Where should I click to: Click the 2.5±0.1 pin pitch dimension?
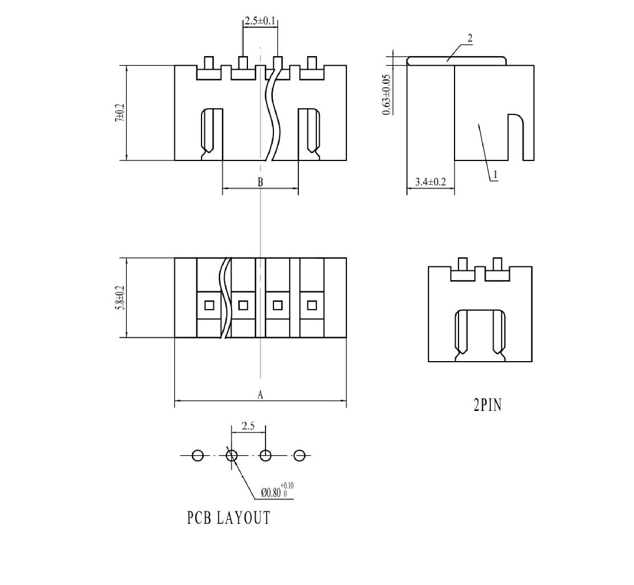click(x=260, y=21)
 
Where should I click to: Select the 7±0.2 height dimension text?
click(x=120, y=113)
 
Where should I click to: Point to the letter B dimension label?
click(x=260, y=182)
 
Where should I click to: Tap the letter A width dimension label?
click(x=260, y=395)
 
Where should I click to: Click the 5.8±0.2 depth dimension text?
click(x=120, y=298)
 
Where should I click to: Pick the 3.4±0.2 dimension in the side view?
click(x=431, y=182)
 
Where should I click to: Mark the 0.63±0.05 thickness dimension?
click(x=387, y=94)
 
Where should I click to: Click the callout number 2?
click(x=470, y=39)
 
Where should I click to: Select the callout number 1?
click(x=495, y=175)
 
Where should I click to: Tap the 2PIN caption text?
click(x=487, y=405)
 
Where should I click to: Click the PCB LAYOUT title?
click(x=229, y=518)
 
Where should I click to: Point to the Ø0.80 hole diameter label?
click(x=277, y=491)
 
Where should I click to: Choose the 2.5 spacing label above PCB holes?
click(x=248, y=426)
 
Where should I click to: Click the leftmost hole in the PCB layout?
click(x=198, y=455)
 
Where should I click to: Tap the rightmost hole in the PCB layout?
click(x=299, y=455)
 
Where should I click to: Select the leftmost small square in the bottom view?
click(x=209, y=305)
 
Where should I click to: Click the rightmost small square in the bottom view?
click(x=312, y=305)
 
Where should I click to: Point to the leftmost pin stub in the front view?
click(x=209, y=63)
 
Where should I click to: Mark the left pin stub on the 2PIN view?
click(x=463, y=264)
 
